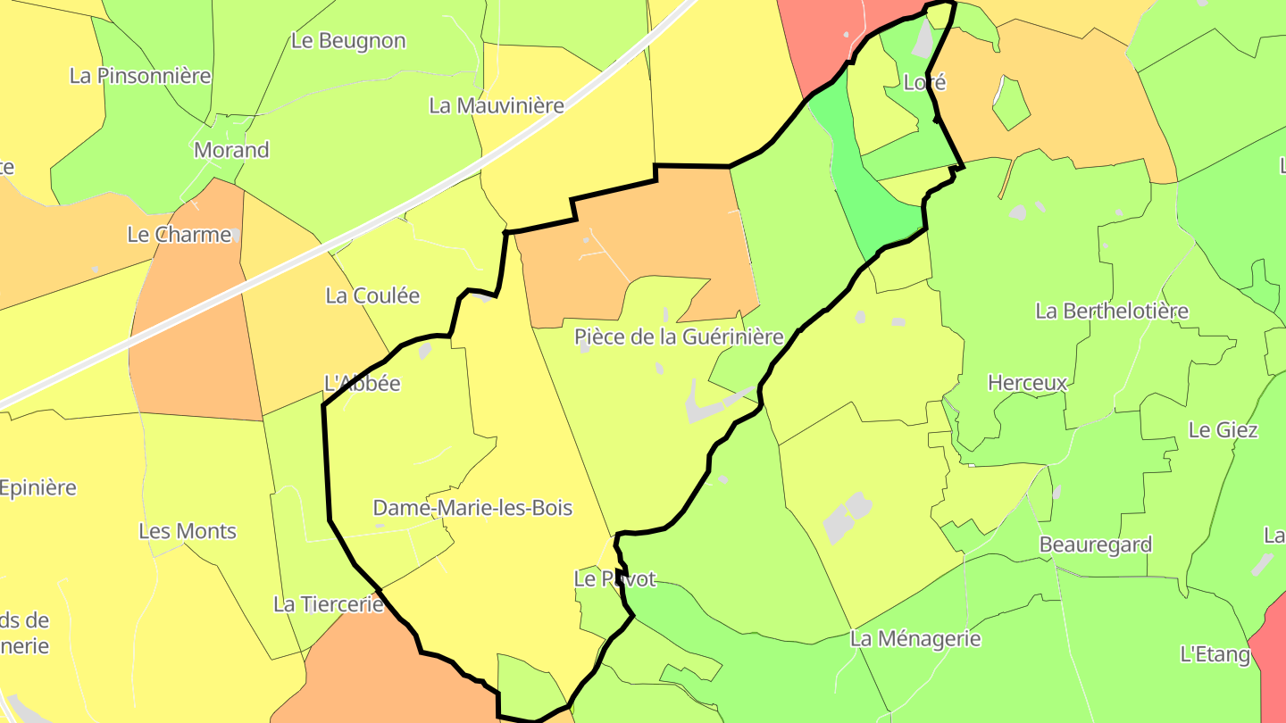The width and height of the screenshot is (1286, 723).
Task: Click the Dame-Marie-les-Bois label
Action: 472,508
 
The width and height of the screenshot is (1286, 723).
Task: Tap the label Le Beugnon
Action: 348,41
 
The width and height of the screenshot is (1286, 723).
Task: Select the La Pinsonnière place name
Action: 140,76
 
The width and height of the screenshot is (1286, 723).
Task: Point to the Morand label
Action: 231,150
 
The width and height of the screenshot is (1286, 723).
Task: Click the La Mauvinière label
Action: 497,105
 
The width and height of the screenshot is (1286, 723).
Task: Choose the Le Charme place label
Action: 180,235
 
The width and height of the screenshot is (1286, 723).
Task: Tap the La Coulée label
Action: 372,295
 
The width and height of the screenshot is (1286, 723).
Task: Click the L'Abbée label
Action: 362,384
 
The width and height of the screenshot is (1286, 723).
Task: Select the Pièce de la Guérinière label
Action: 679,337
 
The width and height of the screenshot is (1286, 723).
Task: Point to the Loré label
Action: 924,83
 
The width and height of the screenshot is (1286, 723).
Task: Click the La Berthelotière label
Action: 1112,311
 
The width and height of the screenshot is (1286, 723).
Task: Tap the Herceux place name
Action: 1027,383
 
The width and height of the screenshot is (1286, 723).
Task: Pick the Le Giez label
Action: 1223,430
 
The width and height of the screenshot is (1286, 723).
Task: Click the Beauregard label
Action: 1096,544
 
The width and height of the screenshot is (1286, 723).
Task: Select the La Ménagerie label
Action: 915,639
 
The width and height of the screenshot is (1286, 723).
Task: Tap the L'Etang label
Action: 1215,654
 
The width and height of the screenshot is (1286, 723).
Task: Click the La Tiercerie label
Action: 328,604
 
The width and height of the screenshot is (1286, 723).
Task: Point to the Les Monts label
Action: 188,531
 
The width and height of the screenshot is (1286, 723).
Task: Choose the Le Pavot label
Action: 614,579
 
